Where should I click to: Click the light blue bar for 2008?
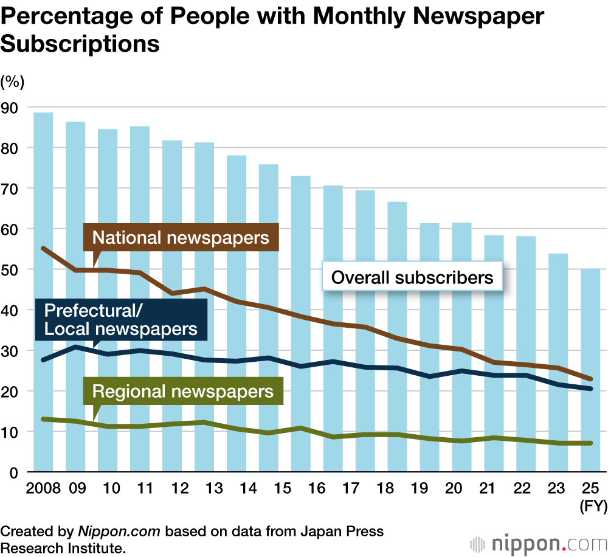pyautogui.click(x=43, y=292)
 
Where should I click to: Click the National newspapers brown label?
pyautogui.click(x=181, y=237)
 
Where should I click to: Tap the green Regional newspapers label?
pyautogui.click(x=183, y=391)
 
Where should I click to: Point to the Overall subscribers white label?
pyautogui.click(x=412, y=278)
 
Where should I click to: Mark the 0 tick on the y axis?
pyautogui.click(x=14, y=472)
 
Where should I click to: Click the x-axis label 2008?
pyautogui.click(x=43, y=488)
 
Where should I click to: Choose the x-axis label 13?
pyautogui.click(x=204, y=488)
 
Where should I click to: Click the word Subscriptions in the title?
pyautogui.click(x=80, y=44)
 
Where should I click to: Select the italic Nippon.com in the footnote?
pyautogui.click(x=119, y=531)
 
